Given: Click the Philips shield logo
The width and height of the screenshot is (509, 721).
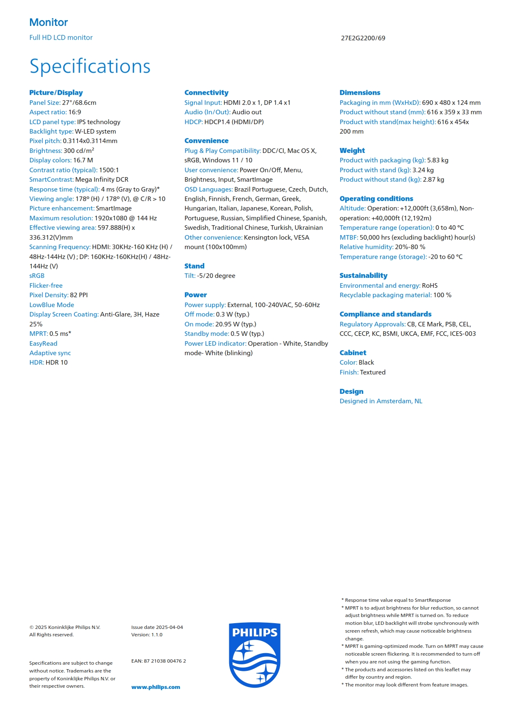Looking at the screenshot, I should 255,654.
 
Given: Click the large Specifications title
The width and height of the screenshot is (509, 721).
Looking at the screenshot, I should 90,66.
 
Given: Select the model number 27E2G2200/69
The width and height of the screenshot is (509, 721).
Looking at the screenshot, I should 363,38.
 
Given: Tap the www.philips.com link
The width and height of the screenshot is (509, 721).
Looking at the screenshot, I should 156,687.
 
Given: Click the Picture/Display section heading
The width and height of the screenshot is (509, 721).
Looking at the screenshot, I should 56,92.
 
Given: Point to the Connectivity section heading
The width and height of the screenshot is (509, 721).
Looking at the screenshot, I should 206,92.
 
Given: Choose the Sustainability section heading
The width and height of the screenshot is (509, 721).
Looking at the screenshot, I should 363,275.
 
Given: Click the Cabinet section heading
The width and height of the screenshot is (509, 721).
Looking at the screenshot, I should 352,353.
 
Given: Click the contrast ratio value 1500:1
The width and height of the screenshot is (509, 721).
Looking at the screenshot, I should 109,170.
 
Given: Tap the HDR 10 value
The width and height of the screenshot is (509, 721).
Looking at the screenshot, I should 57,363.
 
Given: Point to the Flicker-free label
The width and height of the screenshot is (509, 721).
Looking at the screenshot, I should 46,286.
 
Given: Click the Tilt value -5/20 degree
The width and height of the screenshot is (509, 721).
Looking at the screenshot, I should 216,276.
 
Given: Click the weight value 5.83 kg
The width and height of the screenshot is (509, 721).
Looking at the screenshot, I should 438,160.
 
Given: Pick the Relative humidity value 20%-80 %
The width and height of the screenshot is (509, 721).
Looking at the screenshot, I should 410,247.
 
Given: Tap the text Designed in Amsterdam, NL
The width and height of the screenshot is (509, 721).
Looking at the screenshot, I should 381,401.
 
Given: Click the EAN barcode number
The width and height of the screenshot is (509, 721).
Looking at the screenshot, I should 159,661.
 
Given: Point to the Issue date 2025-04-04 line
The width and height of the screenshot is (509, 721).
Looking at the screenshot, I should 157,627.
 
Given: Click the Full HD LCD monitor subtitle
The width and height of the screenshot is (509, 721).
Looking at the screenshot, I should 61,38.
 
